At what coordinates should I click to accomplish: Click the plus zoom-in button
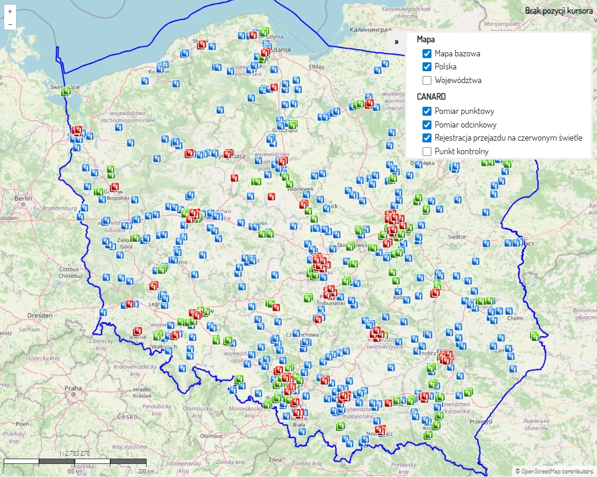coord(10,11)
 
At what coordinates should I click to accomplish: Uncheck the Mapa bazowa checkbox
coord(427,53)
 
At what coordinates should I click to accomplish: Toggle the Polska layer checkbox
coord(427,66)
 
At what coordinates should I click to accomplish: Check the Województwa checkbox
coord(427,80)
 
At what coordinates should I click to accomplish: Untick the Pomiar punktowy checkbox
coord(427,111)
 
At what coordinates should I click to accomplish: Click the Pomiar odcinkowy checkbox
coord(427,125)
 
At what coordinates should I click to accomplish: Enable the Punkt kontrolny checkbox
coord(427,151)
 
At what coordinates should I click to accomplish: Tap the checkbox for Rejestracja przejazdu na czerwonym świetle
coord(427,138)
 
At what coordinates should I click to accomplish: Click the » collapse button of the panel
coord(396,42)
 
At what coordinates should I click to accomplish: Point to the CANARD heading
coord(431,96)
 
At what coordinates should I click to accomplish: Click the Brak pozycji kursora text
coord(558,10)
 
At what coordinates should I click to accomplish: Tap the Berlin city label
coord(23,199)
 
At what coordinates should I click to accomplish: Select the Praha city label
coord(73,388)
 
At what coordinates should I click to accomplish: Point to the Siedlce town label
coord(456,236)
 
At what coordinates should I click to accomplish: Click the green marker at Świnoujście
coord(66,92)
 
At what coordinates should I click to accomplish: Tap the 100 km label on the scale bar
coord(74,471)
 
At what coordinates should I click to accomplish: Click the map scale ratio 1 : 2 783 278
coord(74,453)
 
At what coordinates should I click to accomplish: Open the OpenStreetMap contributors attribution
coord(554,471)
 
